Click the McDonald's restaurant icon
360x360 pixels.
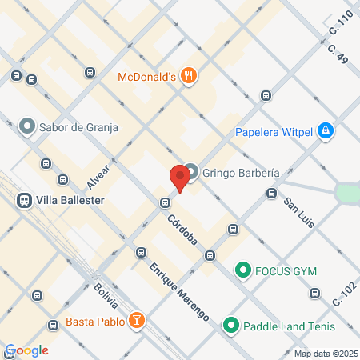pyautogui.click(x=189, y=77)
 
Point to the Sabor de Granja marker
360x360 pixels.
pyautogui.click(x=26, y=126)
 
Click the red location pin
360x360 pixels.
pyautogui.click(x=178, y=178)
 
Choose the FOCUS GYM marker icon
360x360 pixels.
pyautogui.click(x=242, y=270)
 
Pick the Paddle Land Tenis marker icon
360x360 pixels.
pyautogui.click(x=231, y=325)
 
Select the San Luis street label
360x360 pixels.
pyautogui.click(x=299, y=210)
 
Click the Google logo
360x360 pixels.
pyautogui.click(x=26, y=350)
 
